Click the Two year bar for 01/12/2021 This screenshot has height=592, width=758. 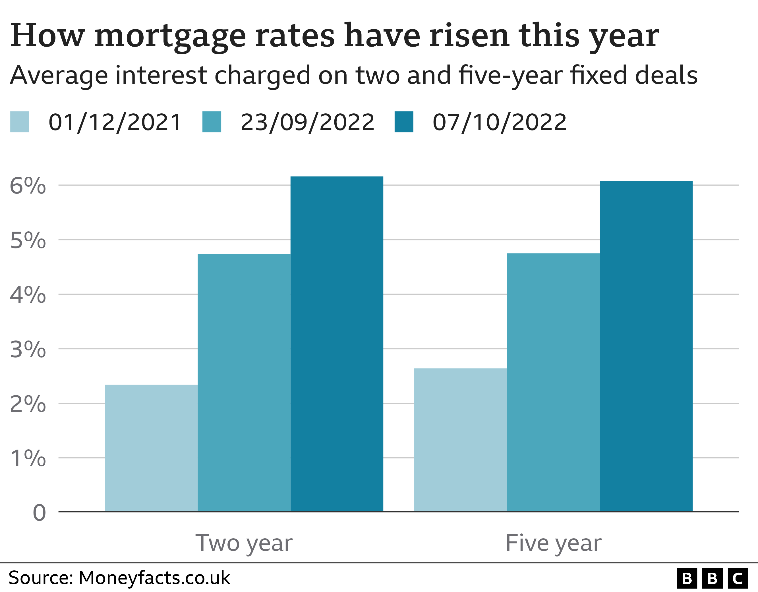[151, 448]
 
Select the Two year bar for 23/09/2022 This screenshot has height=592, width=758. [244, 383]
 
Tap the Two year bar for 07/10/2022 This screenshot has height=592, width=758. [337, 344]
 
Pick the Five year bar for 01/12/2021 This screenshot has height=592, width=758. [461, 440]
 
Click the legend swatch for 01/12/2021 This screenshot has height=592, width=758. [19, 122]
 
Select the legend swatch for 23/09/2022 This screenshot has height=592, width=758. [212, 122]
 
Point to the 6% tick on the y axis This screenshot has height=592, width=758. [28, 186]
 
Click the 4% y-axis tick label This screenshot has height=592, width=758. [28, 295]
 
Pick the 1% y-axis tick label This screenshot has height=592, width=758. [28, 459]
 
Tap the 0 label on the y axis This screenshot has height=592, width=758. [39, 513]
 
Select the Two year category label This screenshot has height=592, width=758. [244, 543]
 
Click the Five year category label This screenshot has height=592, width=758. [553, 543]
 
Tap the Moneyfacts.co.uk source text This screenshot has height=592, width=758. [154, 578]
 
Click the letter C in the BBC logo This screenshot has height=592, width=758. [738, 578]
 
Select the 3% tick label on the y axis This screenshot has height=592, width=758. [28, 350]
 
